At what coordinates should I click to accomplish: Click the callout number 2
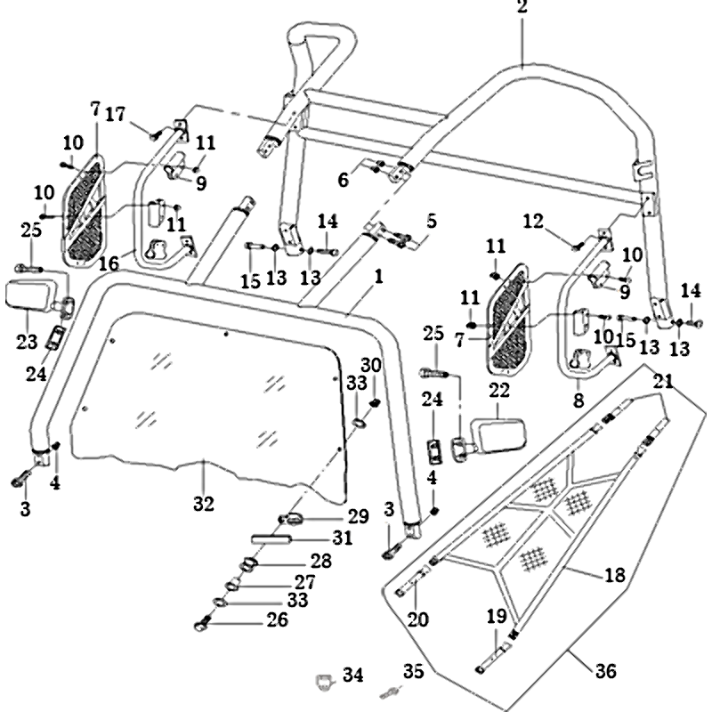click(x=522, y=9)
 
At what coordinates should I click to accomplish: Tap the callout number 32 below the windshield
click(x=204, y=505)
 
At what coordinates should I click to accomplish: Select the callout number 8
click(x=579, y=401)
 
